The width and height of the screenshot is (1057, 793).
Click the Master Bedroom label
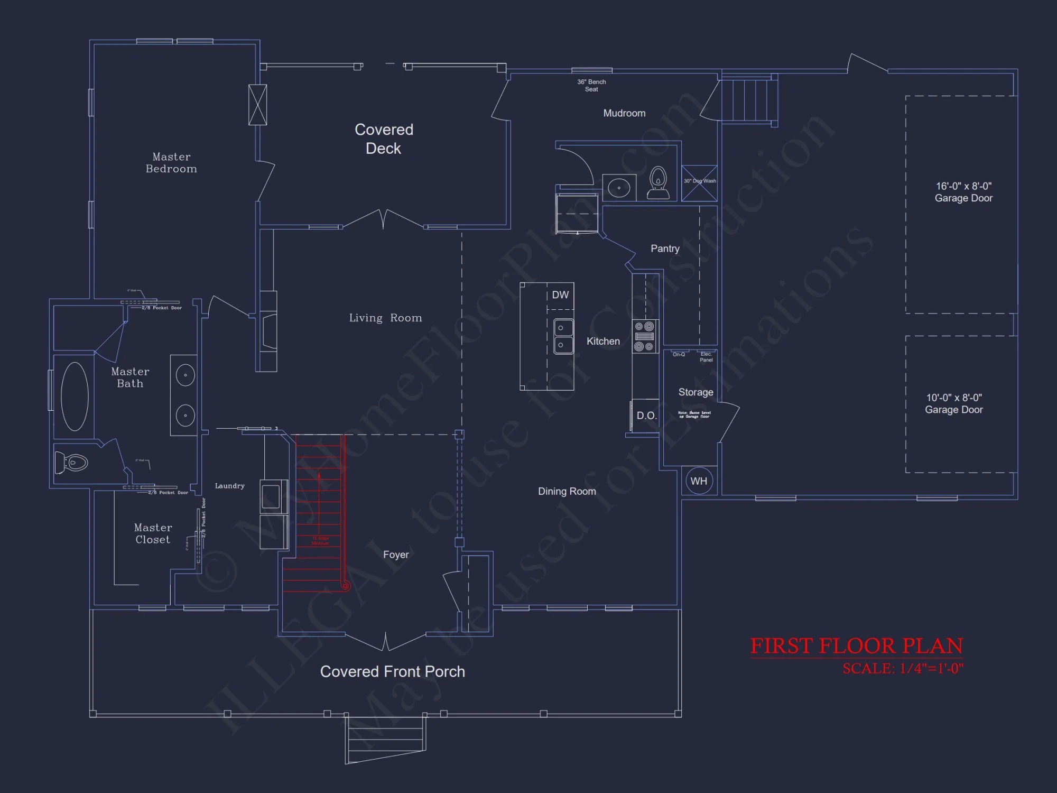171,163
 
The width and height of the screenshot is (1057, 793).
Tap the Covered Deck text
384,139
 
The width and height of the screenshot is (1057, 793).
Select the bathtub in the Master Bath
75,396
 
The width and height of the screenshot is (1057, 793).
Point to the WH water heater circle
699,481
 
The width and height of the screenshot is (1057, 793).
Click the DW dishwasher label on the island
560,295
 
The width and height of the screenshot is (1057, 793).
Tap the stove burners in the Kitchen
644,336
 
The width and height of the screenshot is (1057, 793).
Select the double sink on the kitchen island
563,337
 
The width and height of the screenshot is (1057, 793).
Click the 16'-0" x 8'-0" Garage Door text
963,192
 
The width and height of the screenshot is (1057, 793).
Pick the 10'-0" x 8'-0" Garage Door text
953,404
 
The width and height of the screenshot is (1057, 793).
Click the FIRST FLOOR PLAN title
856,646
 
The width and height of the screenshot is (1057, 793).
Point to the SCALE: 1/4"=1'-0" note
903,669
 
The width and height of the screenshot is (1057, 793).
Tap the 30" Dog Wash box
699,183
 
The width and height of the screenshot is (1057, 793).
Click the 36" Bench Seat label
591,86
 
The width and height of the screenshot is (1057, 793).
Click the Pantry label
665,248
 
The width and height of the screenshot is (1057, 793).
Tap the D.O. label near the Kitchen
646,416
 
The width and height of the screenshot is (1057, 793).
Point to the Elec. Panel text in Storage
706,357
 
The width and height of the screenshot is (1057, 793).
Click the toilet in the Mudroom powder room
658,183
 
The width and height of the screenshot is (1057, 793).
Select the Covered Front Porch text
392,671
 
